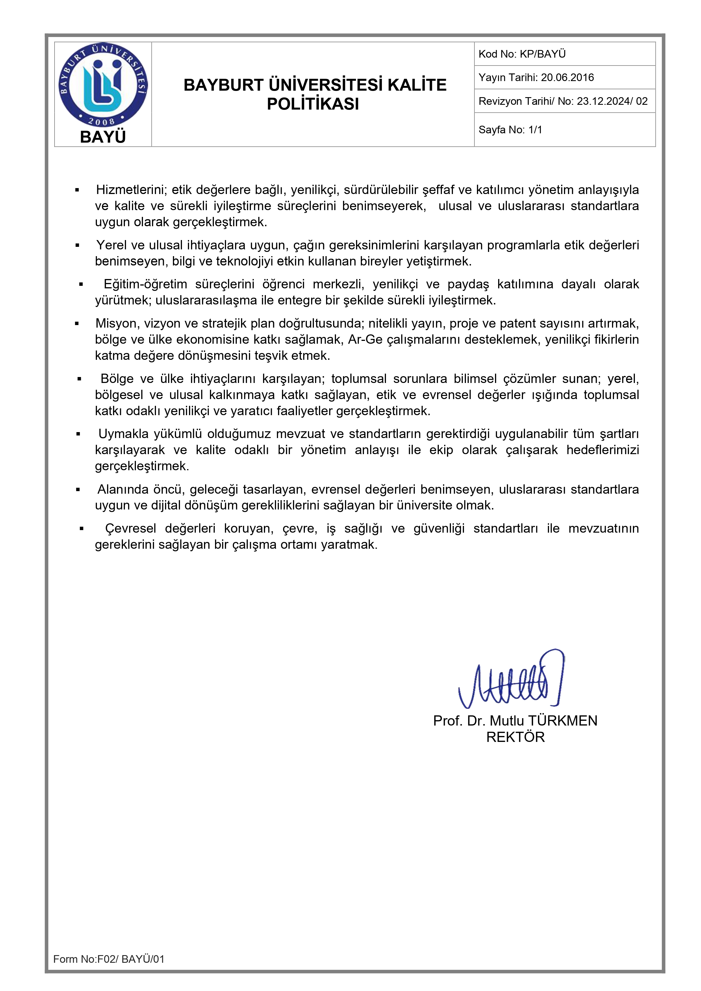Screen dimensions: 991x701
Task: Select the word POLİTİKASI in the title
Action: point(313,104)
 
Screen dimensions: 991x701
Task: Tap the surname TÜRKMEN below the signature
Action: point(563,721)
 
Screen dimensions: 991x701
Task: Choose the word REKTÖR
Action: point(515,737)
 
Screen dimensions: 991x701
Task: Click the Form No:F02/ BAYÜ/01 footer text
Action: point(109,959)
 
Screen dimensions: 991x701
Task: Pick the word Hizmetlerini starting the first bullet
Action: point(131,190)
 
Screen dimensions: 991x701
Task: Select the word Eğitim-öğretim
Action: point(145,284)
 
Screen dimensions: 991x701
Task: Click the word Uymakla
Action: point(123,434)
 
